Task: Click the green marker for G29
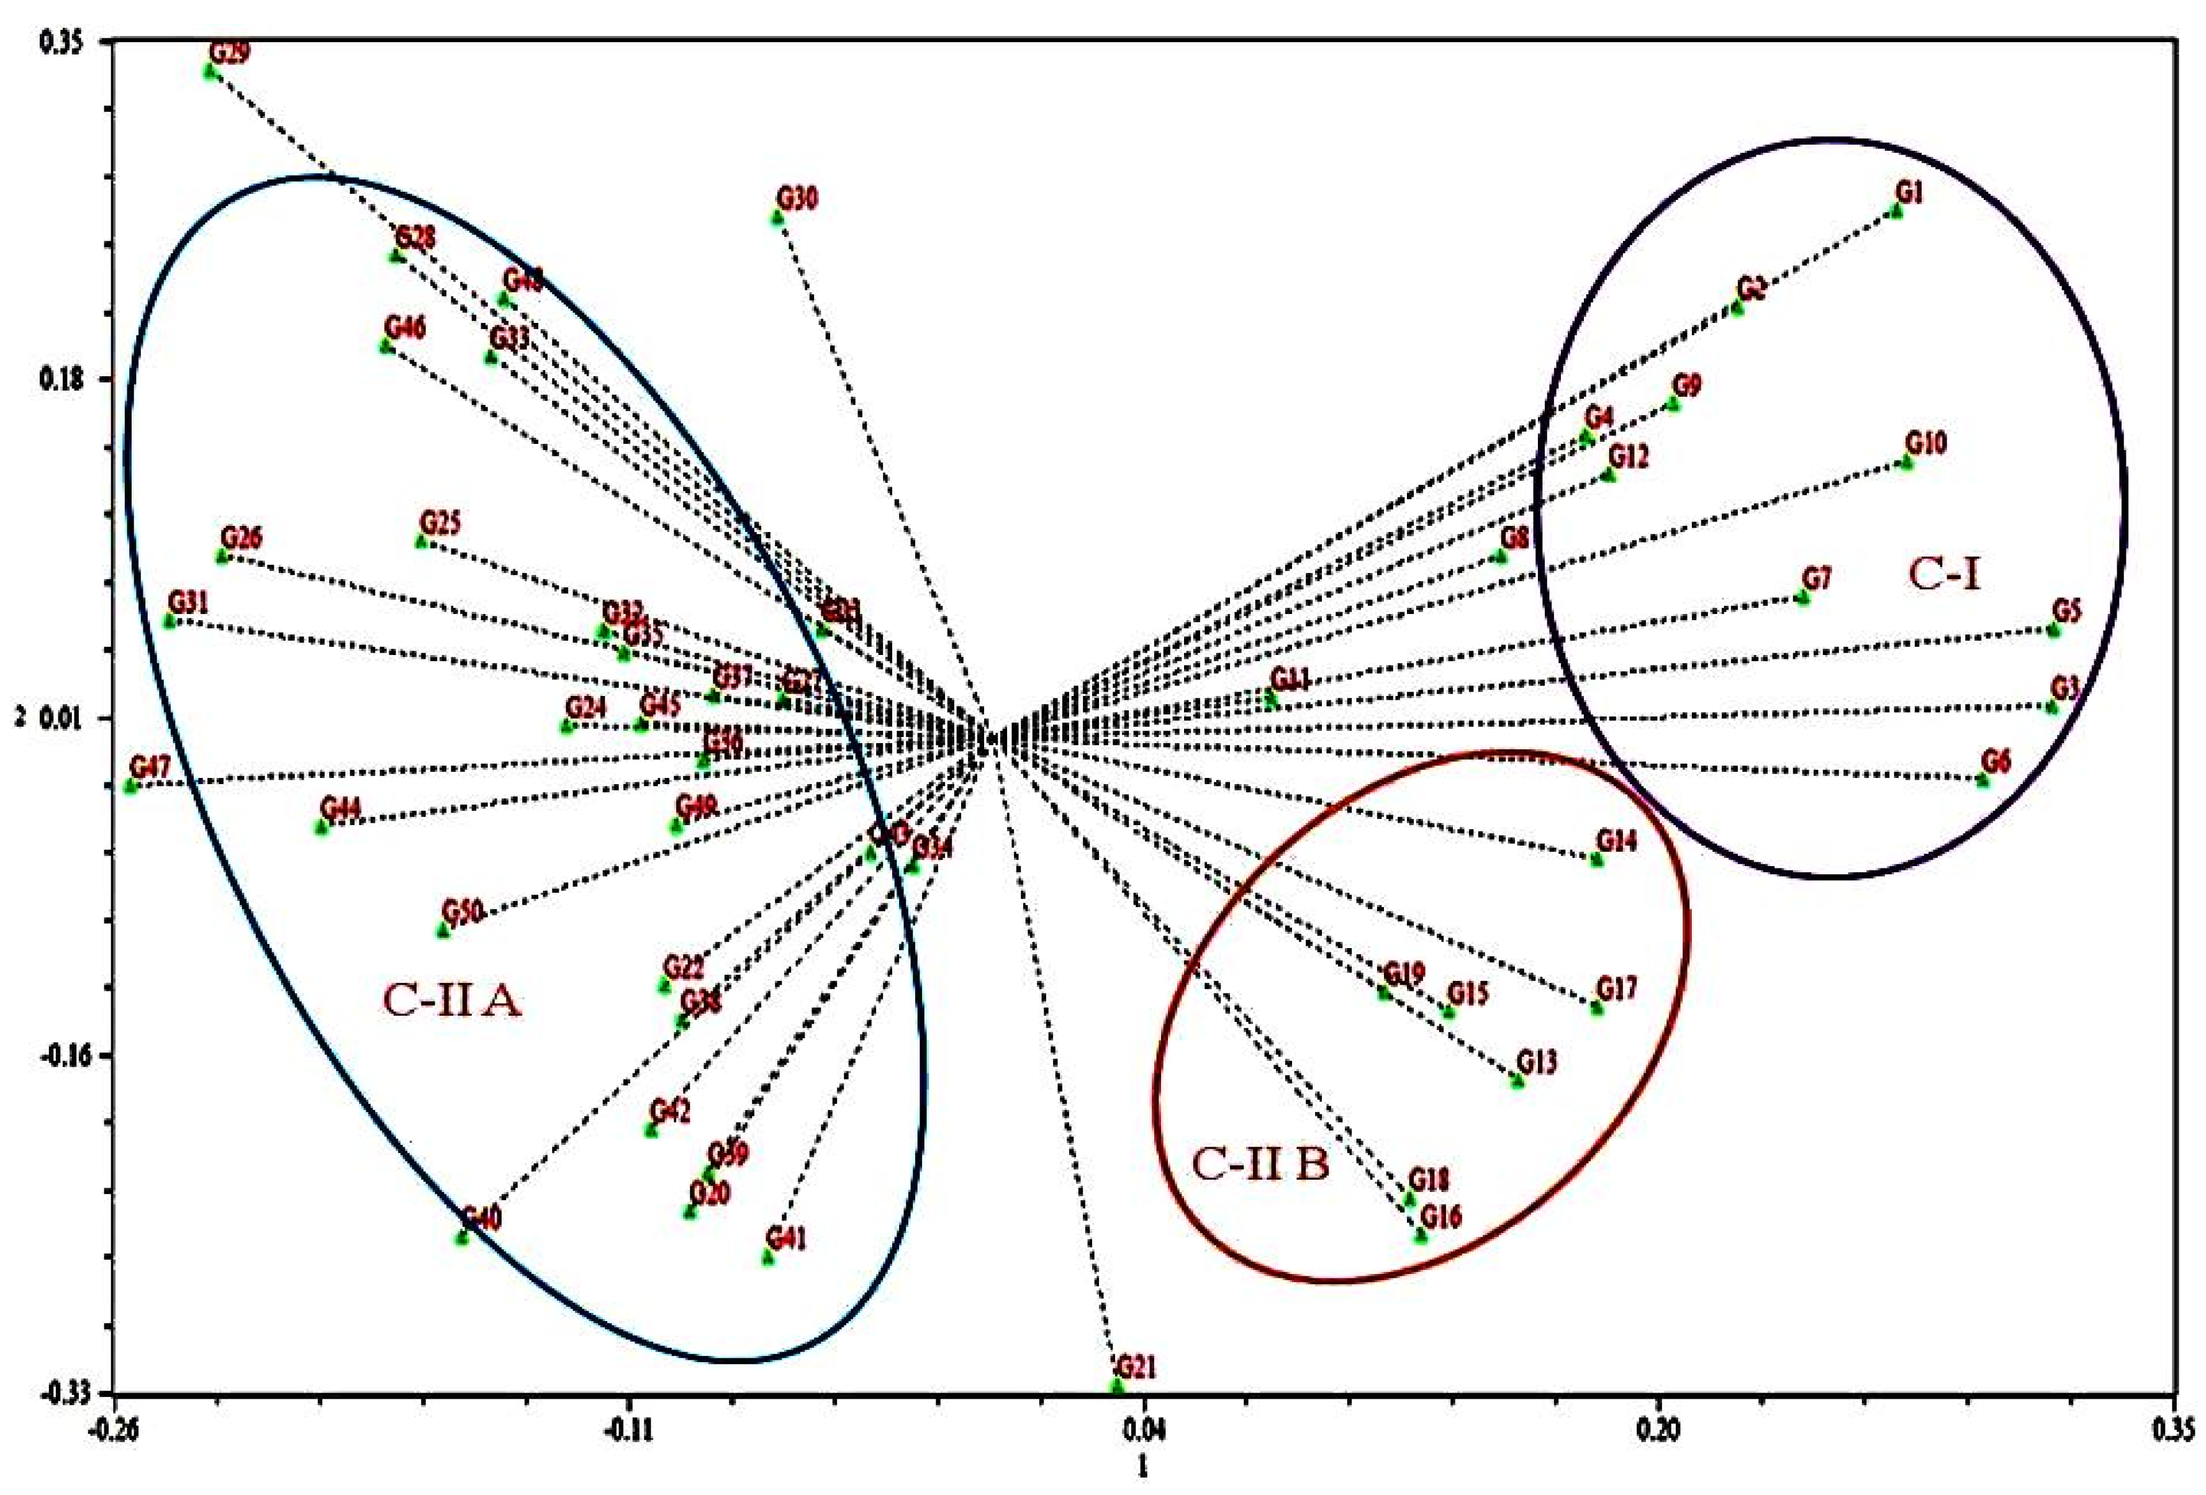(210, 71)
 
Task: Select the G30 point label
(797, 199)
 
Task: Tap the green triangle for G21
(1117, 1386)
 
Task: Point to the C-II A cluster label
(452, 1001)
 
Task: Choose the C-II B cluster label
(1260, 1165)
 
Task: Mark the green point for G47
(131, 785)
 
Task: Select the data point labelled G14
(1596, 859)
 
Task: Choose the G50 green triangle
(442, 930)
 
